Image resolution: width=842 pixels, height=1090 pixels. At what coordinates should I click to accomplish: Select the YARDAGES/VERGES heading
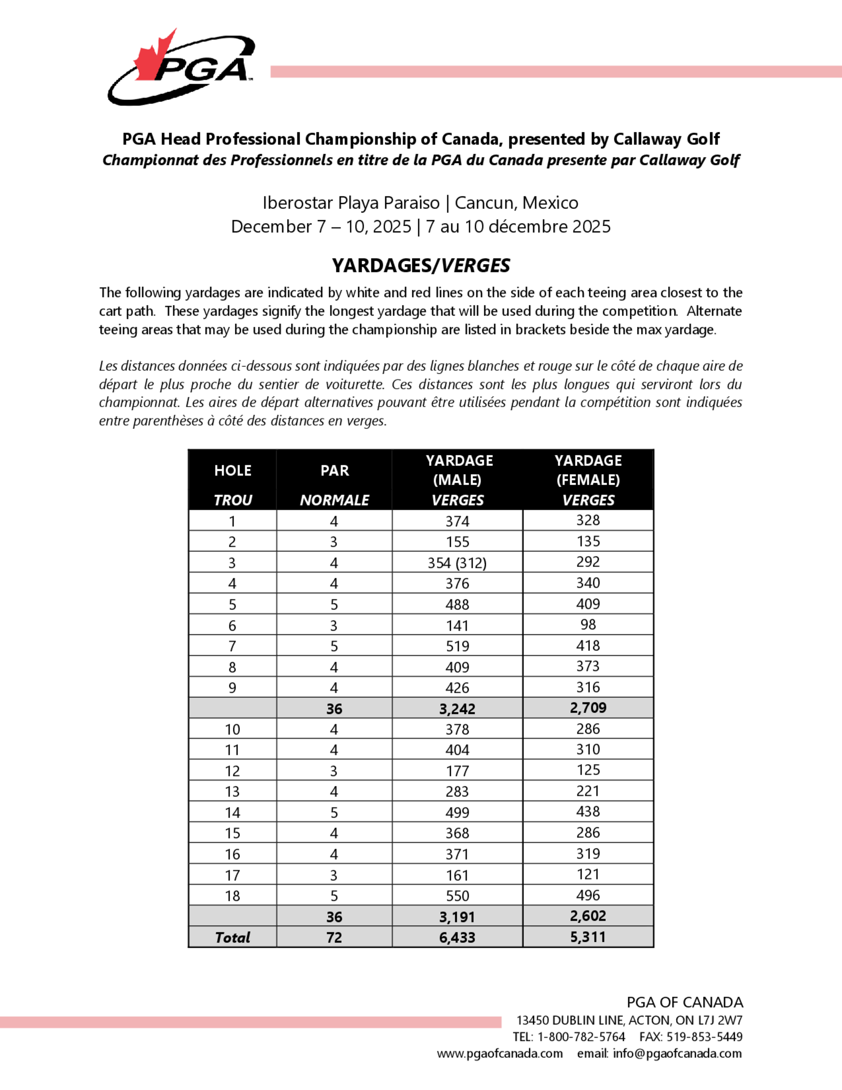421,265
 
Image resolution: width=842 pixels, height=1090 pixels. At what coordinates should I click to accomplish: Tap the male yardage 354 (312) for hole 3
457,563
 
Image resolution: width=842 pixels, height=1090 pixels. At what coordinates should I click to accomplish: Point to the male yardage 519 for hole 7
457,647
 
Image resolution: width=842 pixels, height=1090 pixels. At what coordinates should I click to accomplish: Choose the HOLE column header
233,470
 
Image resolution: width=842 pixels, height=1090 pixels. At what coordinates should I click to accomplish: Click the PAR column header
334,470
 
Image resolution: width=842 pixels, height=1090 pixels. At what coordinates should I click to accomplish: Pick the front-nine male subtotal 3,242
457,709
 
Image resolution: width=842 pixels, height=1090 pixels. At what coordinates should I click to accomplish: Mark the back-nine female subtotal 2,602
588,916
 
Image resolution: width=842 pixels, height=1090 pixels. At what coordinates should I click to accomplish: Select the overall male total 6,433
457,937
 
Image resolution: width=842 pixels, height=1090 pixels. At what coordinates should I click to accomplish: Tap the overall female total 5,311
588,937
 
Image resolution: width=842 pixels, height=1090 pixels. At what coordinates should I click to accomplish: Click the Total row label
233,937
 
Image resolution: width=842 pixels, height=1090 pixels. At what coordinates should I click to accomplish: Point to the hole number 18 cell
233,896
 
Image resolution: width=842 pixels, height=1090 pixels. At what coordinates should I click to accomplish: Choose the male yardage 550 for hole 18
457,896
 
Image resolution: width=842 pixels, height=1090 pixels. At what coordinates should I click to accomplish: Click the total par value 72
334,937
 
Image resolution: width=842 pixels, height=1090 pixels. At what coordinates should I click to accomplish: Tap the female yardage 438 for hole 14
588,812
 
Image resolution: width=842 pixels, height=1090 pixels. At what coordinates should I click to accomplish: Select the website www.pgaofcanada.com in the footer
500,1053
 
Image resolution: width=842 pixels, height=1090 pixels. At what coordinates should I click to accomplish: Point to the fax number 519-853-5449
704,1037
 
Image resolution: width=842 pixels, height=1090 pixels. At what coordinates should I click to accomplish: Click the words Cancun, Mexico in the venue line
516,203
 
